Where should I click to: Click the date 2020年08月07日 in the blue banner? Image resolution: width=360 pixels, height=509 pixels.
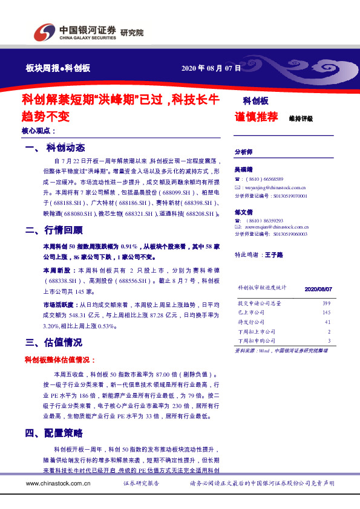click(211, 68)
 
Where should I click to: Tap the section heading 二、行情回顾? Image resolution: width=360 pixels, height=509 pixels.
click(54, 230)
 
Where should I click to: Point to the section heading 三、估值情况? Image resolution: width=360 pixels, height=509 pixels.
click(54, 342)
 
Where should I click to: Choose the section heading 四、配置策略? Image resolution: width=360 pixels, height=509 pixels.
click(54, 433)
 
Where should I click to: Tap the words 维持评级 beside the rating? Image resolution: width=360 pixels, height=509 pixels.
click(301, 118)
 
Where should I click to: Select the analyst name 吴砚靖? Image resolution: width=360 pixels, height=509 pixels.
click(244, 171)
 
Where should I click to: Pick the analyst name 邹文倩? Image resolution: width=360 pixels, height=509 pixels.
click(244, 212)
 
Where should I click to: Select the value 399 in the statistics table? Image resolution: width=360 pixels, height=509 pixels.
click(327, 302)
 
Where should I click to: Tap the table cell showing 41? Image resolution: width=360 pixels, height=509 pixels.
click(327, 322)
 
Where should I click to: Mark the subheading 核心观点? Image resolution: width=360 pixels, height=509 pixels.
click(38, 131)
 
